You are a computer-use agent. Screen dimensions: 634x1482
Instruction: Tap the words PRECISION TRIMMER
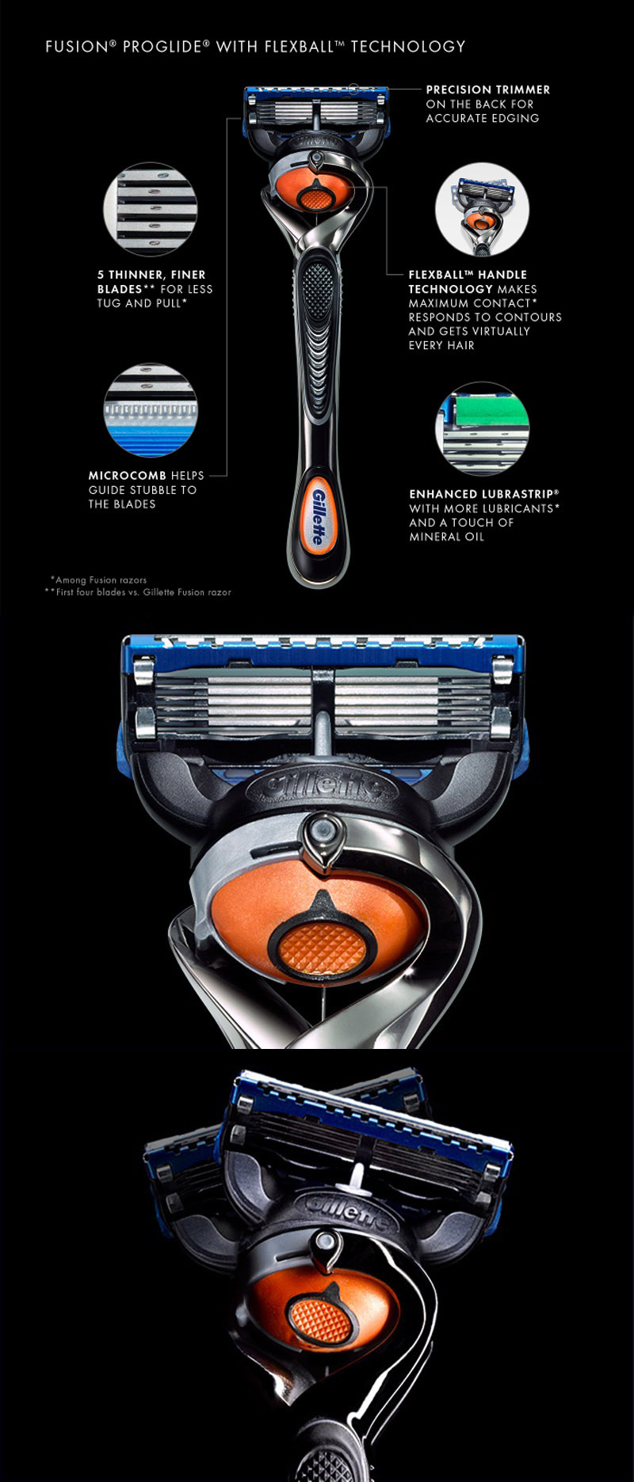tap(488, 89)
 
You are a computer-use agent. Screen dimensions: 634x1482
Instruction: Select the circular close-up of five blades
tap(151, 209)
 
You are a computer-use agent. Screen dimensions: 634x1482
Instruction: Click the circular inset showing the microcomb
tap(151, 410)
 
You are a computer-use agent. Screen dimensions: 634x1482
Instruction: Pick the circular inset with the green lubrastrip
tap(482, 428)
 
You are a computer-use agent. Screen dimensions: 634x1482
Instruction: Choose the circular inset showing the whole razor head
tap(482, 210)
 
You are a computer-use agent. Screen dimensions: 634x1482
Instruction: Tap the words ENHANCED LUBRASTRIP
tap(483, 494)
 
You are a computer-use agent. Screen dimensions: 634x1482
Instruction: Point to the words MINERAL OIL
tap(446, 537)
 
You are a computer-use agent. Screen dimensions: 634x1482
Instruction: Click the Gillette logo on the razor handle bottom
tap(317, 516)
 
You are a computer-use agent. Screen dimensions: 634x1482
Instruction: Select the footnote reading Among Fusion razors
tap(98, 579)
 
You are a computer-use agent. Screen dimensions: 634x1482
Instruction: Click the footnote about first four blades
tap(138, 592)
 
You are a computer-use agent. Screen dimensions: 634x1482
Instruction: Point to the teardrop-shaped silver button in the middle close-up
tap(323, 840)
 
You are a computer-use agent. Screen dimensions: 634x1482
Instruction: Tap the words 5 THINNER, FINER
tap(151, 275)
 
